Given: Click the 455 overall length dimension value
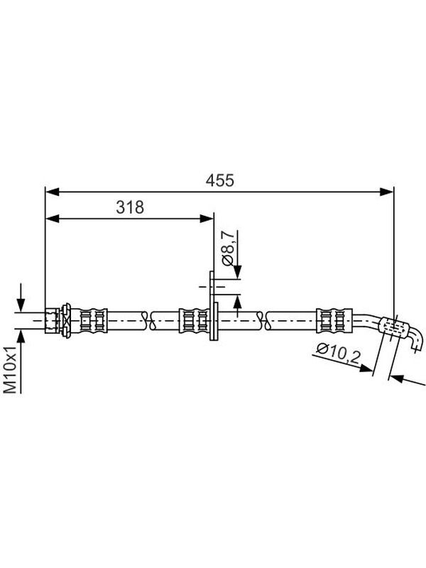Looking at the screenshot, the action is click(x=219, y=180).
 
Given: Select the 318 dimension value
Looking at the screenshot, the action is click(x=130, y=207).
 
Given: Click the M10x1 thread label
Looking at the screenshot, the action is click(x=11, y=369).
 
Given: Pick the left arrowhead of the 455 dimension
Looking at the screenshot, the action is click(x=52, y=192).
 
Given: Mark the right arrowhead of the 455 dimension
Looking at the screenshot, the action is click(x=386, y=192).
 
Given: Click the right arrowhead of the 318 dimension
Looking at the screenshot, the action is click(x=207, y=219).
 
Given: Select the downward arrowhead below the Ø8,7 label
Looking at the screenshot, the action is click(x=237, y=272).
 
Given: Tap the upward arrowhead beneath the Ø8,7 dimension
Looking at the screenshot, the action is click(x=237, y=301).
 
